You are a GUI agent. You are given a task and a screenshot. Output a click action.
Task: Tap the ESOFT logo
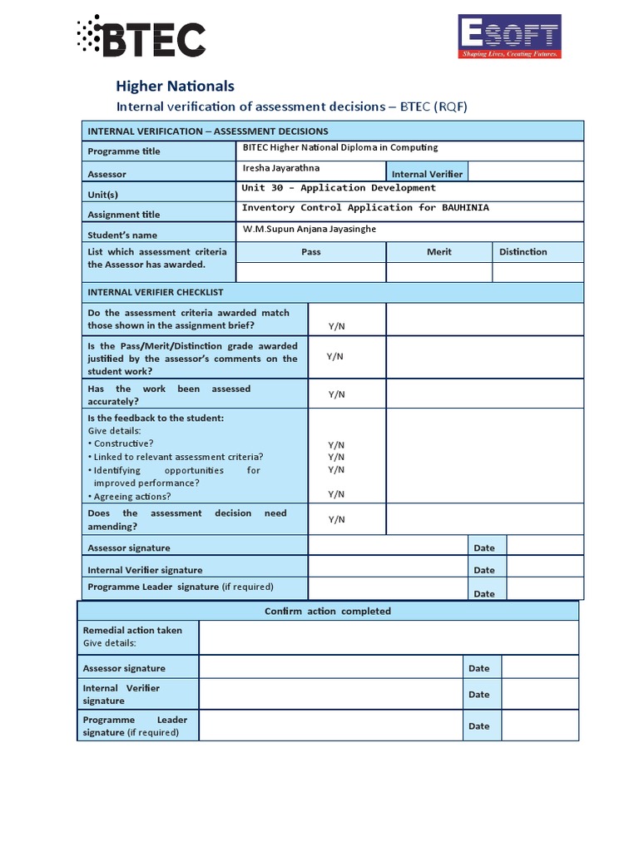tap(509, 37)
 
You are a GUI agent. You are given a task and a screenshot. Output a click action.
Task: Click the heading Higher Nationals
tap(175, 86)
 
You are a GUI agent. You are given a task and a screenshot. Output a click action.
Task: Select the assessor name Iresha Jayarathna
tap(280, 168)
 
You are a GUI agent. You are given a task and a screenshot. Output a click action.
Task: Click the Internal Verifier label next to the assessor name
tap(427, 174)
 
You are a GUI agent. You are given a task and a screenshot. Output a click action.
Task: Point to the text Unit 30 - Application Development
tap(339, 188)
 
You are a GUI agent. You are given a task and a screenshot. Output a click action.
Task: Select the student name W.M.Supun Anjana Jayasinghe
tap(315, 229)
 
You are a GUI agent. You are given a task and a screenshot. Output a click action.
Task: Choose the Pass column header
tap(310, 251)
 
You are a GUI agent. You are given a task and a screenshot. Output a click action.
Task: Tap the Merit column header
tap(438, 251)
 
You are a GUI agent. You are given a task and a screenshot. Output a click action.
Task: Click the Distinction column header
tap(523, 251)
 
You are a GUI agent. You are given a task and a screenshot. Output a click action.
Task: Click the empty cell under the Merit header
tap(438, 272)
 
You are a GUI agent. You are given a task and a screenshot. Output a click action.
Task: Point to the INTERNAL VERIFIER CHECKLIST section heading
tap(156, 292)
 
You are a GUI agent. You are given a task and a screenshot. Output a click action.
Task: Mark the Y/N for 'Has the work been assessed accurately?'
tap(336, 394)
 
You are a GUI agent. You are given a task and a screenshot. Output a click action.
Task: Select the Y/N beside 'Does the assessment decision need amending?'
tap(336, 519)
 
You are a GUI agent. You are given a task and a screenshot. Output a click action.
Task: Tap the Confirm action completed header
tap(327, 611)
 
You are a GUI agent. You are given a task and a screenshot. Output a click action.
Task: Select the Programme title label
tap(124, 151)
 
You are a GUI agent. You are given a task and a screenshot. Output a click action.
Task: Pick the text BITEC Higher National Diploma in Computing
tap(339, 147)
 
